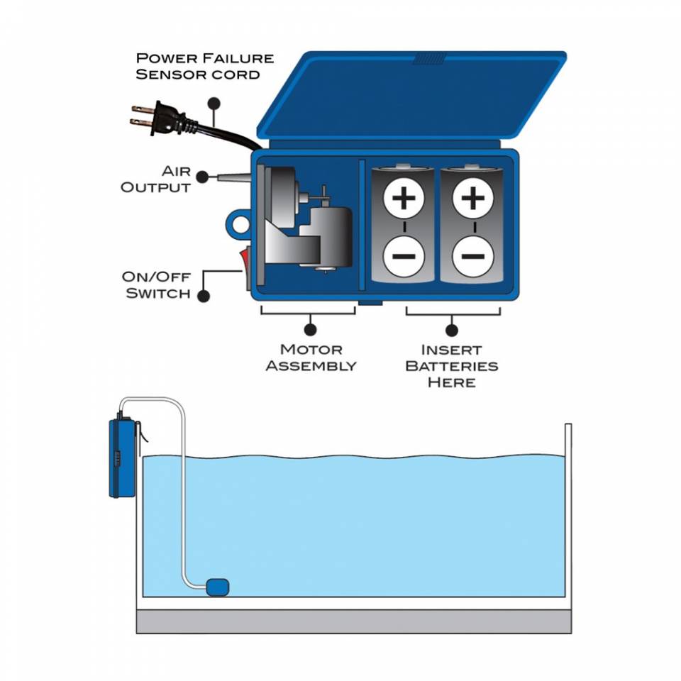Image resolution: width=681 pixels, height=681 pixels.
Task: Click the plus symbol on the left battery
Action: (404, 198)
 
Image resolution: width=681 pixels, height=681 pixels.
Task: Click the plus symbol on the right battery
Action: (472, 198)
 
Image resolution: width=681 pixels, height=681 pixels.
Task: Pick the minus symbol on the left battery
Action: (404, 256)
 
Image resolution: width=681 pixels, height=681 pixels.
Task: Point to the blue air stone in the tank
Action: (217, 586)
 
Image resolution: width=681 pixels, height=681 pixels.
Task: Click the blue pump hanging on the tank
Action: (122, 458)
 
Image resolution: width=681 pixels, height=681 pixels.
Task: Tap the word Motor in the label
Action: (311, 349)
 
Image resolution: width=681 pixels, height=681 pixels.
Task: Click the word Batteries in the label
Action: (451, 366)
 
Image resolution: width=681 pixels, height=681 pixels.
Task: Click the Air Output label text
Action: (156, 179)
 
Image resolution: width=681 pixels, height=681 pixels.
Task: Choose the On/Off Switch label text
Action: (157, 284)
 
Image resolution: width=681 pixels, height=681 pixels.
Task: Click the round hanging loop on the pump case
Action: (238, 226)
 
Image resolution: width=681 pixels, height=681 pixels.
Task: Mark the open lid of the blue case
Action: (411, 96)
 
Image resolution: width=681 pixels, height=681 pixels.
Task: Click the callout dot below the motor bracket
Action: (309, 329)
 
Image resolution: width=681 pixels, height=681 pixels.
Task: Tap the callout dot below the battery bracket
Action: (451, 329)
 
